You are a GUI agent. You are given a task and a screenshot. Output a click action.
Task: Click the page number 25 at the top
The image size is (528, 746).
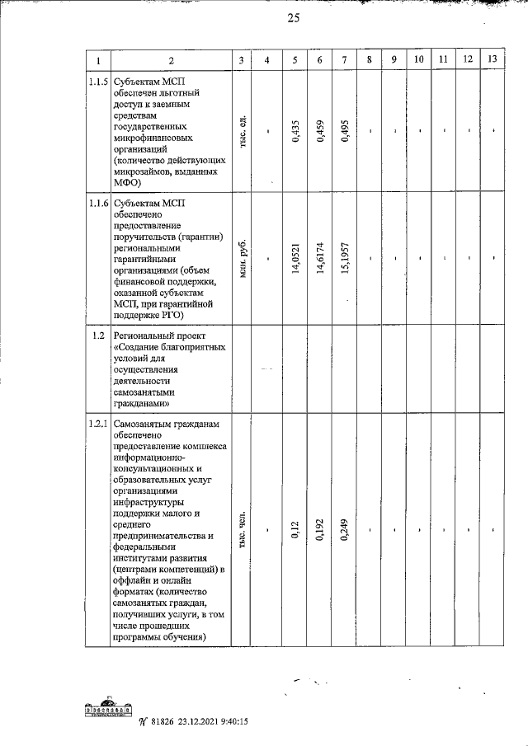pyautogui.click(x=293, y=21)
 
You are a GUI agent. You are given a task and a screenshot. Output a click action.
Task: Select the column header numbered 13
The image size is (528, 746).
pyautogui.click(x=493, y=59)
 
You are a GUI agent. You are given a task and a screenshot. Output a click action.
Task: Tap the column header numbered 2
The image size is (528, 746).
pyautogui.click(x=171, y=60)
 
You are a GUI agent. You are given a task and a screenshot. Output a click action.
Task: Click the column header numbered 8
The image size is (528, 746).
pyautogui.click(x=370, y=59)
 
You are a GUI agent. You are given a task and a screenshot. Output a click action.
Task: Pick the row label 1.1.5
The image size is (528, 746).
pyautogui.click(x=97, y=82)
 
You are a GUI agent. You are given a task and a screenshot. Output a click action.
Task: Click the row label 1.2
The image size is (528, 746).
pyautogui.click(x=97, y=335)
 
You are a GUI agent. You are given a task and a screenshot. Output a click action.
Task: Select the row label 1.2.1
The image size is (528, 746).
pyautogui.click(x=97, y=424)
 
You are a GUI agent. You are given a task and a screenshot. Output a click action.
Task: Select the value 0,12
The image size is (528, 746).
pyautogui.click(x=295, y=534)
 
